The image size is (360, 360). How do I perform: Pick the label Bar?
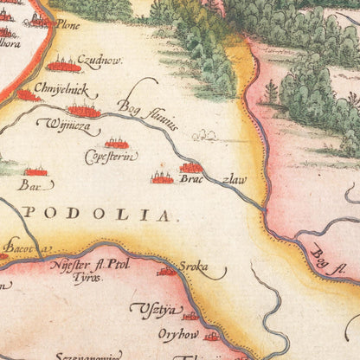click(29, 184)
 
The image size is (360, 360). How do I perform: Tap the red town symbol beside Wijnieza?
click(84, 110)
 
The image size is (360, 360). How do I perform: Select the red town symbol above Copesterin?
click(117, 142)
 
